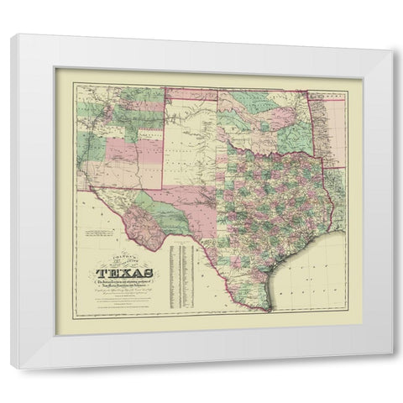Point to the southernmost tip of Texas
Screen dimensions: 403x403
pyautogui.click(x=270, y=308)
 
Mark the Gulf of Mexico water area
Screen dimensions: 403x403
pyautogui.click(x=319, y=269)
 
